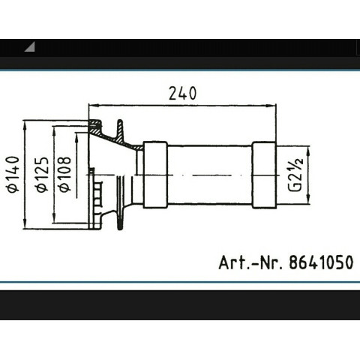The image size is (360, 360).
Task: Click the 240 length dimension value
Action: [x=182, y=93]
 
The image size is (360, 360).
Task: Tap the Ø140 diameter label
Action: [x=13, y=174]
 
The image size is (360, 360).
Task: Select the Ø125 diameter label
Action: [x=42, y=174]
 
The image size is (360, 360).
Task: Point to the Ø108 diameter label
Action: [x=64, y=174]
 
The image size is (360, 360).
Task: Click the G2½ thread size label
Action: [x=296, y=174]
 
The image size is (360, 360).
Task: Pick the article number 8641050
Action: [x=321, y=262]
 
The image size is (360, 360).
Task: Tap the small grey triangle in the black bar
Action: [x=29, y=47]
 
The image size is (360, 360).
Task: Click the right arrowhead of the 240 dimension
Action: [x=271, y=106]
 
